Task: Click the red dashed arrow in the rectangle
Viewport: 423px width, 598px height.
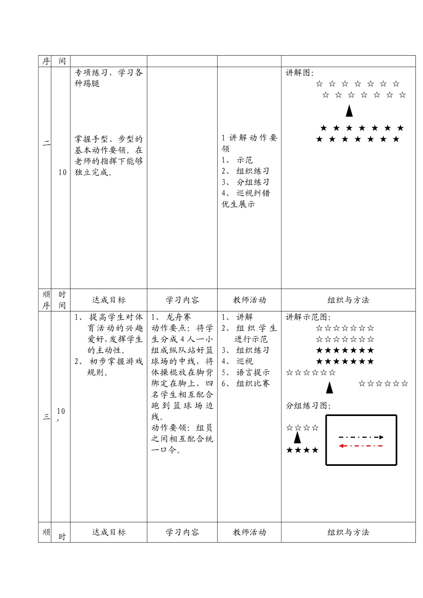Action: click(361, 446)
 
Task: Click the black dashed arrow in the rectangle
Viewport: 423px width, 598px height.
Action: click(361, 437)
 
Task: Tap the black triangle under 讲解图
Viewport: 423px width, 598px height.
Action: click(349, 111)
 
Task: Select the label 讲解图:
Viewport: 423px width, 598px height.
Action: click(300, 73)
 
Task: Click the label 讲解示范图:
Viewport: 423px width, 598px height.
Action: click(308, 317)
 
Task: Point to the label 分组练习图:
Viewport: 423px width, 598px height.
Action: click(308, 406)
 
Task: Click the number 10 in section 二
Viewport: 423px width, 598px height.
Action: click(62, 173)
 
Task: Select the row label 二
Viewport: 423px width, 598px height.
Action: click(46, 143)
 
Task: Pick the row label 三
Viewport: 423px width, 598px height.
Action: click(46, 417)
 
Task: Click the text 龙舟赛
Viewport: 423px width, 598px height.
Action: click(178, 317)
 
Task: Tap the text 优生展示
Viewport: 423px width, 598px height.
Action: click(238, 204)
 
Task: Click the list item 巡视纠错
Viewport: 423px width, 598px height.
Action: click(253, 193)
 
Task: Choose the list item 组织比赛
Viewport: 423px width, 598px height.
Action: click(253, 384)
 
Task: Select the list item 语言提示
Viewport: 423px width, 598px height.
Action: click(253, 372)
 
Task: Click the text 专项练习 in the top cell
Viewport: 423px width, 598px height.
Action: click(91, 73)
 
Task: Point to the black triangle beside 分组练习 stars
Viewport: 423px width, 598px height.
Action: click(297, 438)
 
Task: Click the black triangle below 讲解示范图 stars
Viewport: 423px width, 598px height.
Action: click(329, 388)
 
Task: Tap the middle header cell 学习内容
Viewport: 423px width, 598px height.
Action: click(182, 300)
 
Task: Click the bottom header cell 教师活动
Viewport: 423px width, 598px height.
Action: click(249, 532)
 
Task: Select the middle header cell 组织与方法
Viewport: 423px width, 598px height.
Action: click(348, 300)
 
